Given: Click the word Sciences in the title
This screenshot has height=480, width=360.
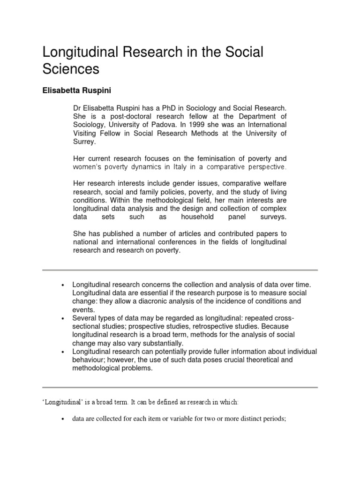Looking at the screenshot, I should [71, 69].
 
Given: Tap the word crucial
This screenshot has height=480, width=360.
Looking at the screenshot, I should [211, 360].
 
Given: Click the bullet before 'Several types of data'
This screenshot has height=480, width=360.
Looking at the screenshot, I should [62, 318].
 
